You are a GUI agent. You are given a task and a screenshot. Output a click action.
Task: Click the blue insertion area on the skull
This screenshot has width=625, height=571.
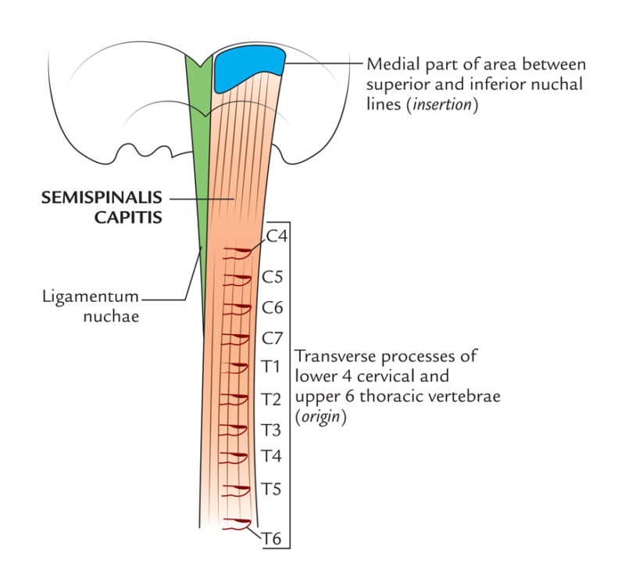click(248, 68)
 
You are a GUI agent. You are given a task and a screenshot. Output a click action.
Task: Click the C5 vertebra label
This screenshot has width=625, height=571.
click(272, 277)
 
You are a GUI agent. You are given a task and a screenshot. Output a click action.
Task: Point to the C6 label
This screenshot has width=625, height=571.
click(272, 307)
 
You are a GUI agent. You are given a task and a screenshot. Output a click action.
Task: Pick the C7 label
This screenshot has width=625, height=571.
click(272, 338)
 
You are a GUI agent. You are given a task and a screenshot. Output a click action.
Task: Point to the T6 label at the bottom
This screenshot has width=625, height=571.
click(271, 537)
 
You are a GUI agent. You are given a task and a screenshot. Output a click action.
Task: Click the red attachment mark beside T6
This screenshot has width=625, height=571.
click(237, 523)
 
